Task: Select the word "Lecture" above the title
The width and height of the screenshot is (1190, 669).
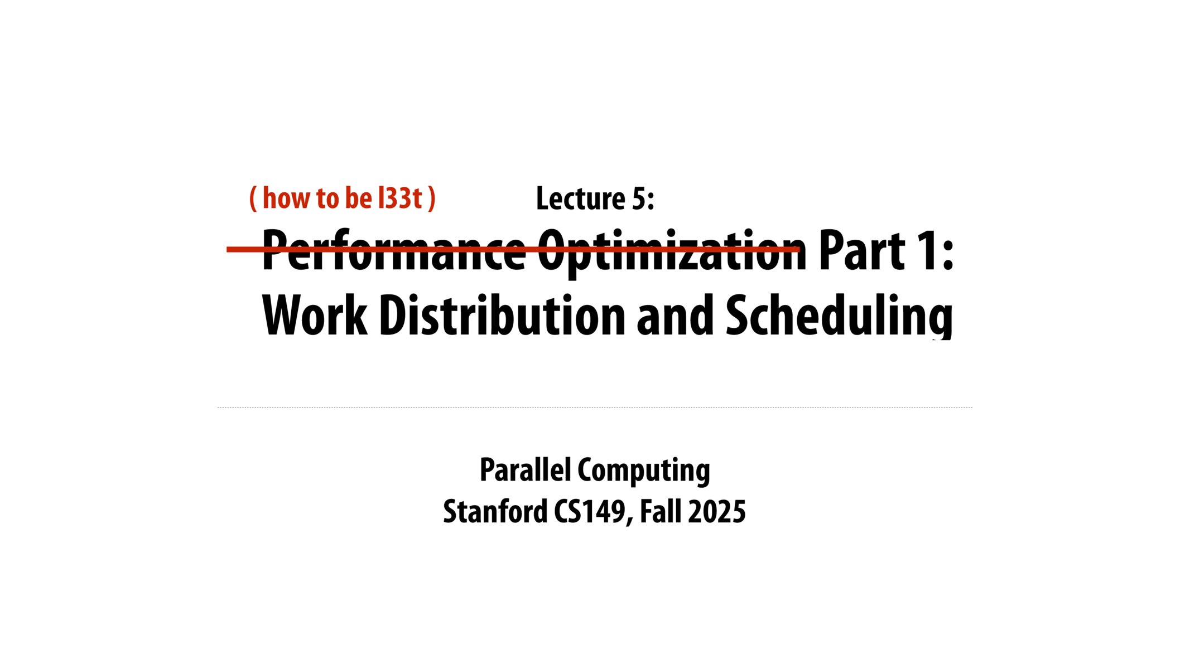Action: click(580, 198)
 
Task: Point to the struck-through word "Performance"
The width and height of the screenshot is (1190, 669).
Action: click(393, 251)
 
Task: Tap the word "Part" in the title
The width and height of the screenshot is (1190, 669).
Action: click(861, 251)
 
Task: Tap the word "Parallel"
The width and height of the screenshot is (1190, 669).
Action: click(525, 470)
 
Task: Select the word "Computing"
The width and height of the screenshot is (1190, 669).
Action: click(644, 470)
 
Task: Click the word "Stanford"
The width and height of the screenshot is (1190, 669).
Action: click(495, 511)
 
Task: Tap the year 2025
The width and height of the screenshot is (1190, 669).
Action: click(717, 511)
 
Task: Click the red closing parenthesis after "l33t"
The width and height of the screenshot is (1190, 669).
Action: click(431, 198)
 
